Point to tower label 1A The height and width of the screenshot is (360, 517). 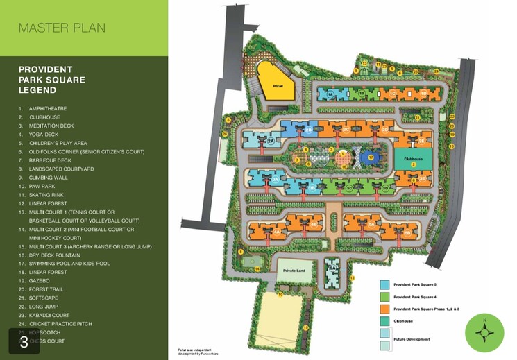coord(331,93)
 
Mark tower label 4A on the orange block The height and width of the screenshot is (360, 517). coord(277,232)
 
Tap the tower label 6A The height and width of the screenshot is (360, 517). coord(333,268)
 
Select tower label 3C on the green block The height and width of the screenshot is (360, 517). coord(349,187)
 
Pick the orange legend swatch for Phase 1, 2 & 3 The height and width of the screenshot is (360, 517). coord(384,307)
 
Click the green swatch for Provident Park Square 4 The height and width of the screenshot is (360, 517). coord(384,296)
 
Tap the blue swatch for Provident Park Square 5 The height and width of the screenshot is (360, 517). coord(384,284)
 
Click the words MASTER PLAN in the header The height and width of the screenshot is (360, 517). coord(62,28)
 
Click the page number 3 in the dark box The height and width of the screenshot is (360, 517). coord(24,342)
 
